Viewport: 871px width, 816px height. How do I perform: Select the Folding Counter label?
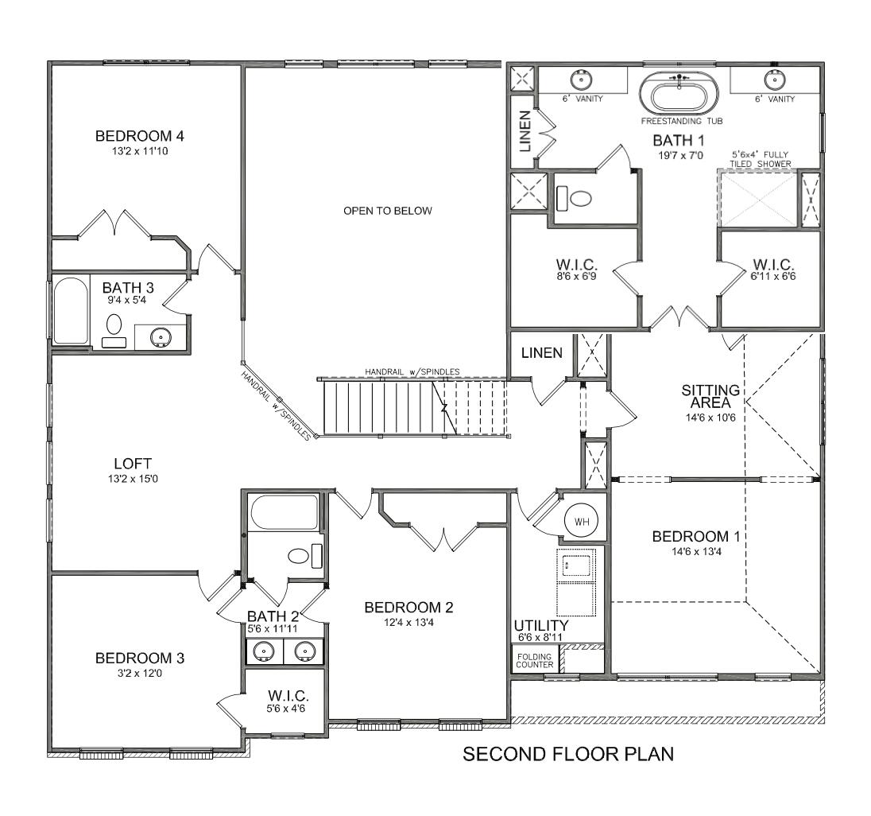tap(534, 659)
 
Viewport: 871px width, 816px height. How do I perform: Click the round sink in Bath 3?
tap(161, 337)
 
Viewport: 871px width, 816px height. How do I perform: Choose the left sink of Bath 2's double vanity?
tap(263, 652)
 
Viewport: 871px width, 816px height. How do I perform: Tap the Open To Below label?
tap(387, 211)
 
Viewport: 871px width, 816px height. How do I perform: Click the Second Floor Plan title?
tap(568, 754)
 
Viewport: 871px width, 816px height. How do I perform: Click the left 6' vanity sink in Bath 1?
tap(582, 80)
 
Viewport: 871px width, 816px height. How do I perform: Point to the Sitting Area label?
tap(710, 396)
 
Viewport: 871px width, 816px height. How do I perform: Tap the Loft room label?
tap(132, 464)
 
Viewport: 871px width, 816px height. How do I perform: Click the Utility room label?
tap(540, 625)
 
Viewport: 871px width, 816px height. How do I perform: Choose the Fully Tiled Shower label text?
tap(761, 160)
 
